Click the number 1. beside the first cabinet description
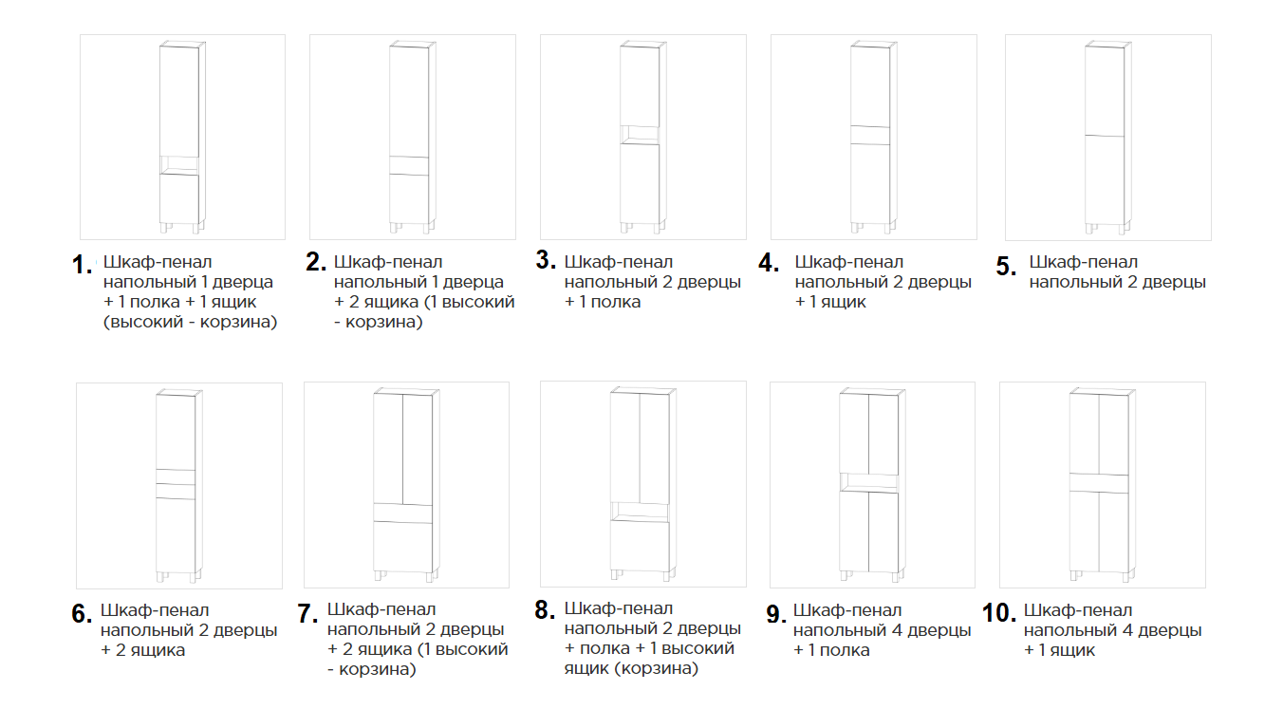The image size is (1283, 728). (x=82, y=265)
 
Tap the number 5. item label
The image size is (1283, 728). (x=1006, y=267)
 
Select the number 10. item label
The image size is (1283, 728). (x=999, y=613)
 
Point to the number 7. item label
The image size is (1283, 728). (x=307, y=614)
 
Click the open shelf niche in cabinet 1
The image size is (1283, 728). (x=178, y=165)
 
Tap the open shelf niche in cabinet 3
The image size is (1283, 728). (x=640, y=135)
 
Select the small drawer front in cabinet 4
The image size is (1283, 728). (x=869, y=135)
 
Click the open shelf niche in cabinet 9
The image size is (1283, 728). (x=868, y=483)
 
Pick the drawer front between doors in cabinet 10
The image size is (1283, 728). (x=1099, y=483)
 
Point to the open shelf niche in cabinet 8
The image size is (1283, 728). (x=640, y=512)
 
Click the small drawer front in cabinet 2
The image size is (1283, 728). (x=409, y=165)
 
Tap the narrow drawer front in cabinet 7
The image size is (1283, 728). (x=402, y=513)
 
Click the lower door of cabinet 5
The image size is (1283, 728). (x=1105, y=179)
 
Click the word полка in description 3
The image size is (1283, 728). (x=615, y=302)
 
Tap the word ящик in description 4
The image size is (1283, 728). (x=843, y=302)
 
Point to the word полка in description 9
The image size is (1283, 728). (x=845, y=650)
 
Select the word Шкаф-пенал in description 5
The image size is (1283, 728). (x=1083, y=262)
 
